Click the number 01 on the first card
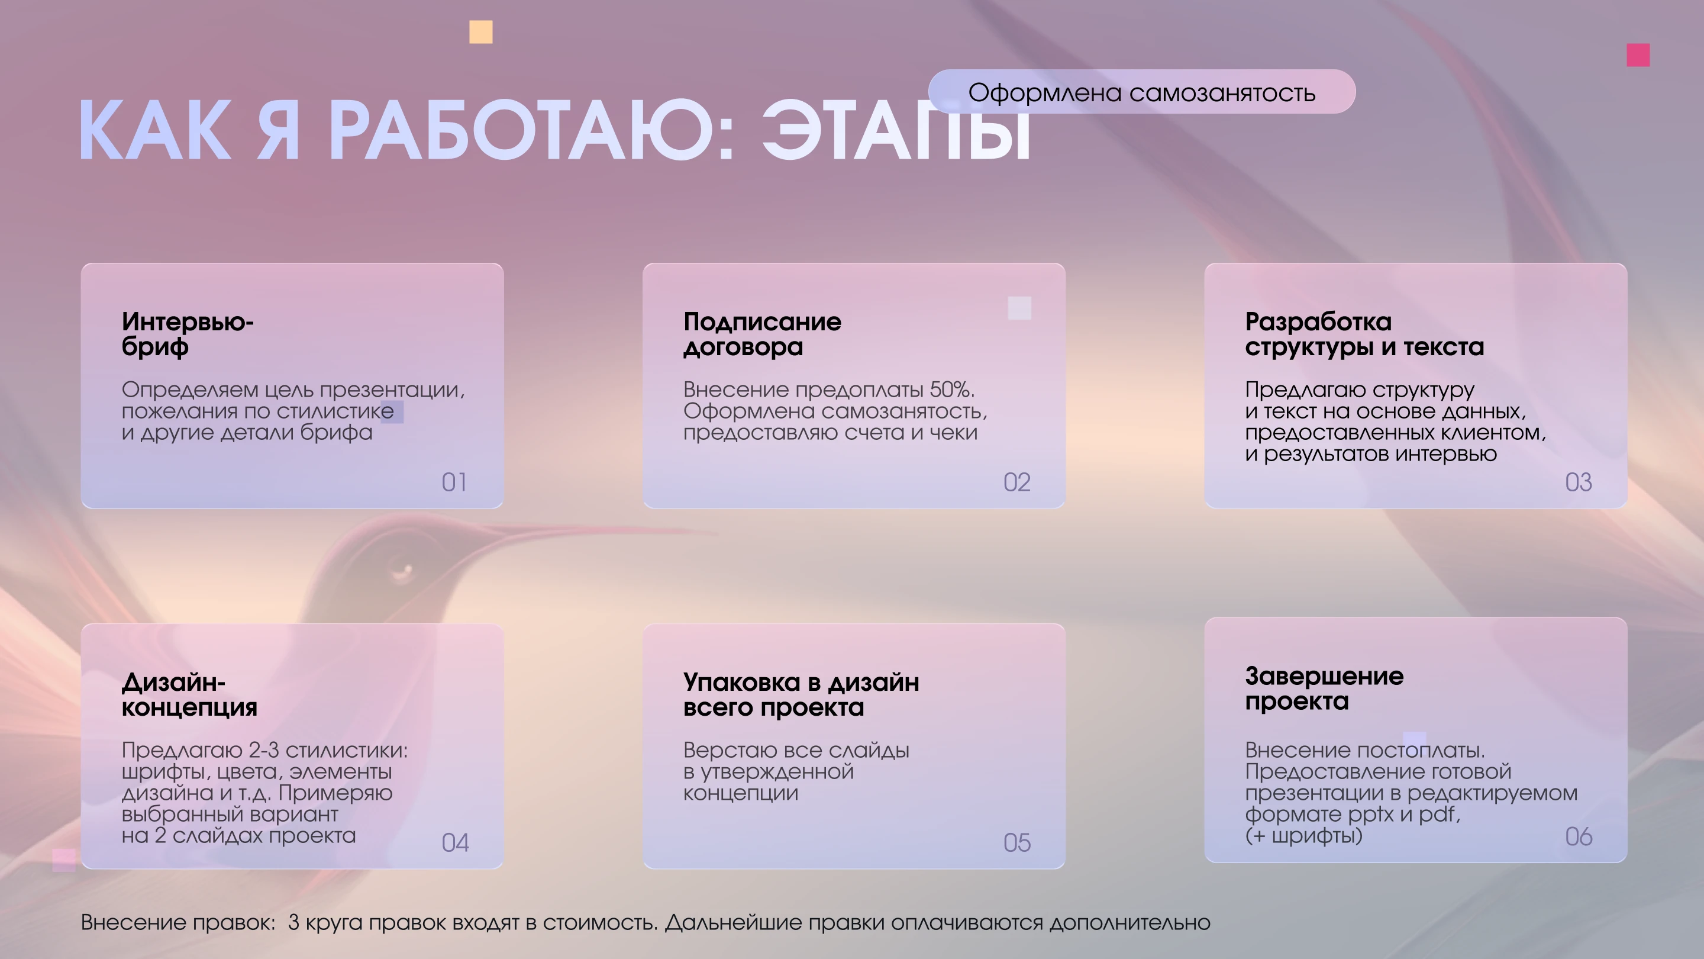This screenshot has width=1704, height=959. [x=454, y=482]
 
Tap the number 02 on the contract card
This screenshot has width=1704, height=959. [x=1016, y=482]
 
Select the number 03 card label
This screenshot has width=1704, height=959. [x=1579, y=482]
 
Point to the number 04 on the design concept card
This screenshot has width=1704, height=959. [x=455, y=842]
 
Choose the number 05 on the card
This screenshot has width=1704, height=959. [x=1016, y=842]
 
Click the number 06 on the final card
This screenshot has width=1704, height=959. [x=1579, y=836]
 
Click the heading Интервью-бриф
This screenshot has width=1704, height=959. [x=187, y=334]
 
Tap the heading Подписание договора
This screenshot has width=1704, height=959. [x=762, y=334]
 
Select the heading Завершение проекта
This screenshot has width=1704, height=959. [x=1324, y=688]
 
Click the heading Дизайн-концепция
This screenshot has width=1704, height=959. [x=189, y=694]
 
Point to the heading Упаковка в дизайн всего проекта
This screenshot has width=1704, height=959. [x=801, y=694]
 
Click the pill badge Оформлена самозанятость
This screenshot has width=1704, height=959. [x=1142, y=92]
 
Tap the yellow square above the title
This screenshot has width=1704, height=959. [x=481, y=32]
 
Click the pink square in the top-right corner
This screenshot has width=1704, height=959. [x=1638, y=55]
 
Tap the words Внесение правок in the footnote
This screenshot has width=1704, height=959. [x=177, y=922]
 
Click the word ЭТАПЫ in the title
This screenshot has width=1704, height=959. [x=896, y=131]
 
